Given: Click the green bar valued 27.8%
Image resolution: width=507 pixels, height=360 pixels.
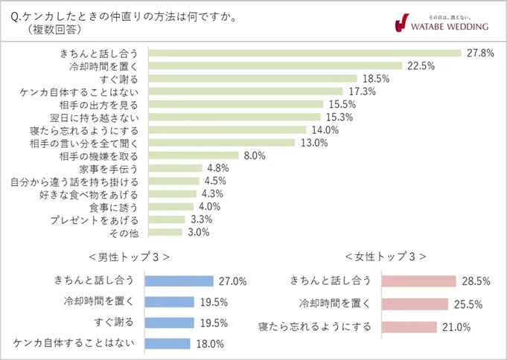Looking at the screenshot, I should tap(305, 53).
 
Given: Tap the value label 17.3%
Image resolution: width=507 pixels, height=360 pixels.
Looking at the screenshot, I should tap(362, 91).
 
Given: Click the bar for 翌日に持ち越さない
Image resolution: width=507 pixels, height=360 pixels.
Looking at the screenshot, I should tap(235, 117).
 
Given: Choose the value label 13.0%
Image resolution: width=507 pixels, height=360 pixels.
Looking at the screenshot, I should tap(313, 143).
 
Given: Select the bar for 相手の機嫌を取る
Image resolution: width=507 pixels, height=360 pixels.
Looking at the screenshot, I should tap(194, 155).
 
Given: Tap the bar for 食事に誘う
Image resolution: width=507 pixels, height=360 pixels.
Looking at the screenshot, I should tap(171, 207).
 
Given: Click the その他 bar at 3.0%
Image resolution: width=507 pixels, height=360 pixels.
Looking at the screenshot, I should tap(165, 232).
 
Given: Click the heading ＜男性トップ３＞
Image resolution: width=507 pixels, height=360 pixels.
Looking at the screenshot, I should tap(127, 257).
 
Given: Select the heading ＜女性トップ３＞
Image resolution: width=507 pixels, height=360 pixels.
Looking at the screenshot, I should tap(386, 257).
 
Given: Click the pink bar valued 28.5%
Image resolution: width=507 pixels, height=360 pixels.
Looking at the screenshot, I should tap(418, 281).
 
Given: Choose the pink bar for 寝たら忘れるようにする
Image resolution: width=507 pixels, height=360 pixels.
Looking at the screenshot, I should tap(408, 327).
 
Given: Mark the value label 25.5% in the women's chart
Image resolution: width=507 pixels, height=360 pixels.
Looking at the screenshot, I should tap(468, 304).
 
